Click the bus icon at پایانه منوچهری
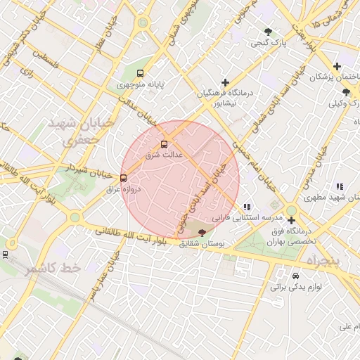coord(141,73)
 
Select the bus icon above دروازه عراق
coord(124,179)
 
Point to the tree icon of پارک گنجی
coord(269,32)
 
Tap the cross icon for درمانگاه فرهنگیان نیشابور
coord(225,82)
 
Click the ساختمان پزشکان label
coord(330,76)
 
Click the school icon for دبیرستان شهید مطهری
coord(340,186)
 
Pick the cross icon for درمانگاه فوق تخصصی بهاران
coord(291,220)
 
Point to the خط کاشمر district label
coord(53,269)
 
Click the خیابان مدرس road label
coord(318,167)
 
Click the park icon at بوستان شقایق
coord(202,232)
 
